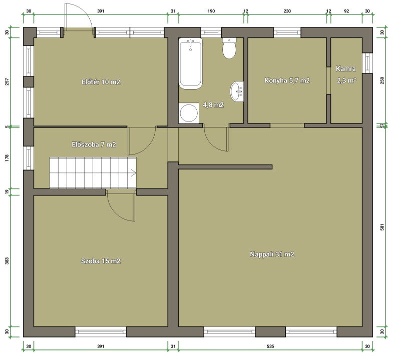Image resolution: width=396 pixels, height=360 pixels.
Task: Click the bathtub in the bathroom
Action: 190,63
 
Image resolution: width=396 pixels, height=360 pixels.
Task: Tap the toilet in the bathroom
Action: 229,48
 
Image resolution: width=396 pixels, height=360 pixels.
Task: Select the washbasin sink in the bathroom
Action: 237,91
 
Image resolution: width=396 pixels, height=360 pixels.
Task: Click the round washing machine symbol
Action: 188,113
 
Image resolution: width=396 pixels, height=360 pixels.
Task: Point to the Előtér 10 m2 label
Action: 101,82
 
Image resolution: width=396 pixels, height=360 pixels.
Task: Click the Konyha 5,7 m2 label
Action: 287,80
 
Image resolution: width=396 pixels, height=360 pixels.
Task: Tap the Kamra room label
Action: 346,68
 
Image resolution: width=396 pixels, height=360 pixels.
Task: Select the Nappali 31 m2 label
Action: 272,254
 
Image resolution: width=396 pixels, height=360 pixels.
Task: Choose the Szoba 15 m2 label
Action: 101,261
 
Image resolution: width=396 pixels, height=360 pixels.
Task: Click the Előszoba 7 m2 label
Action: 94,144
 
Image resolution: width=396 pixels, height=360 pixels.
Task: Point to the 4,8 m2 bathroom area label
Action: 213,104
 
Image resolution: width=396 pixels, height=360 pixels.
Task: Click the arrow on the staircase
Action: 134,173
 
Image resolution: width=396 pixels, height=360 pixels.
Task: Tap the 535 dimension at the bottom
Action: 270,346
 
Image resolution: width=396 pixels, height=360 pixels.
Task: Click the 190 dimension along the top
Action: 211,11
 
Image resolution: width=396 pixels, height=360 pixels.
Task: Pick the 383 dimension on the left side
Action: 7,261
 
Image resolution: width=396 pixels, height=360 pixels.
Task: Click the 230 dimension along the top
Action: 287,11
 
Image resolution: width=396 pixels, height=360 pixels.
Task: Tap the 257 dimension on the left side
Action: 7,81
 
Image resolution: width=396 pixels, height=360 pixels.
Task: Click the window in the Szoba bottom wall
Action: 101,331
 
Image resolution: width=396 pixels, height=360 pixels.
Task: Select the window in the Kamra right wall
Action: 367,63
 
